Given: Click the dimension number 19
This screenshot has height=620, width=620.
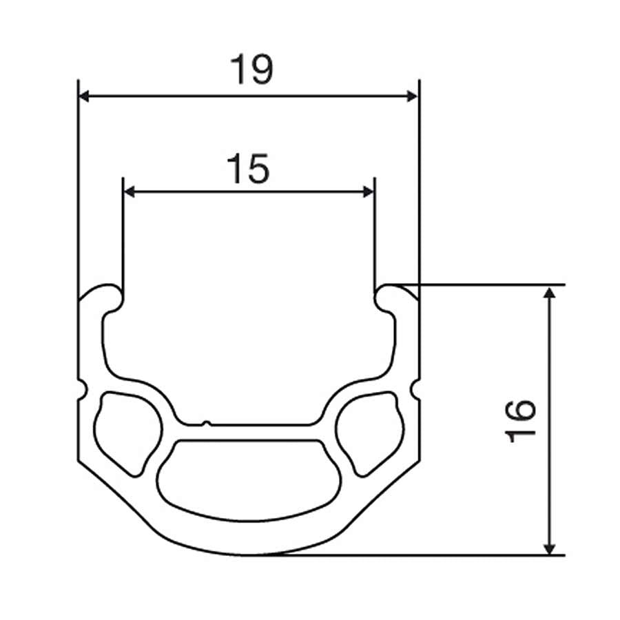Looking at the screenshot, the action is (251, 69).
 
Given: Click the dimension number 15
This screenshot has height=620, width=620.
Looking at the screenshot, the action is (249, 169).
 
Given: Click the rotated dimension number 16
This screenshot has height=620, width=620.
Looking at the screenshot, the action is (520, 421).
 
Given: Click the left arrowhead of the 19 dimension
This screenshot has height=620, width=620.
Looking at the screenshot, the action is (84, 96).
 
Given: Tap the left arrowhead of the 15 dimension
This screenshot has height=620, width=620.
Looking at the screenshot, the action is (129, 192).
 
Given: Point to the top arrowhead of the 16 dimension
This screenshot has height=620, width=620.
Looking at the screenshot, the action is (550, 292).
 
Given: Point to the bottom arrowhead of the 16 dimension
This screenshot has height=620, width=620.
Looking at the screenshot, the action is (550, 549).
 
